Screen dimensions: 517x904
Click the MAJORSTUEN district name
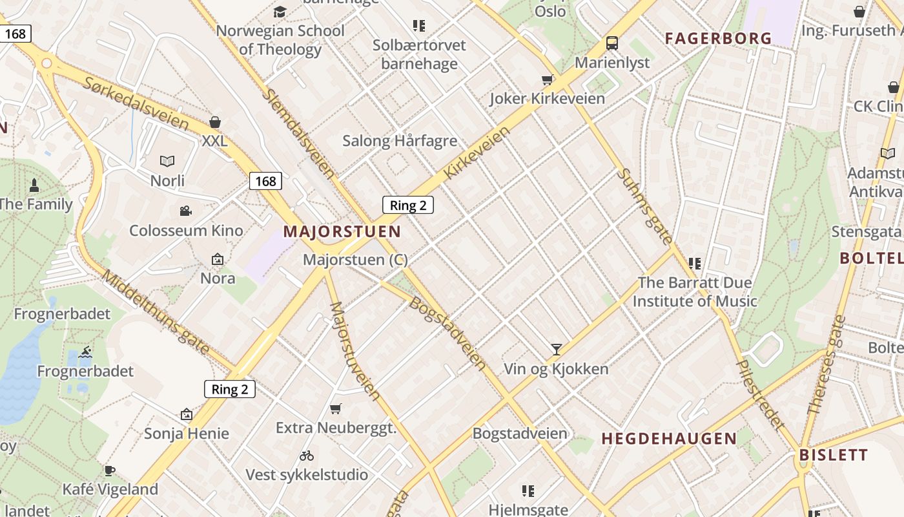(342, 231)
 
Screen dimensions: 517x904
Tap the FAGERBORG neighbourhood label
(719, 38)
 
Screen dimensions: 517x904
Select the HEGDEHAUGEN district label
(669, 438)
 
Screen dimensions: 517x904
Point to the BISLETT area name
(834, 454)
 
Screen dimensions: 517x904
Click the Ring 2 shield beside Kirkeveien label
(407, 206)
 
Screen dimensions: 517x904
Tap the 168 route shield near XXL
(265, 181)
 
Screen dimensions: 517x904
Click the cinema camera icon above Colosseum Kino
(186, 211)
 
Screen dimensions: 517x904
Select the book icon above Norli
(167, 161)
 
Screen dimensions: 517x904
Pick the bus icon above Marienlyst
(611, 43)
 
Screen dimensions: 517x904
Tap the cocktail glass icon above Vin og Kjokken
(556, 350)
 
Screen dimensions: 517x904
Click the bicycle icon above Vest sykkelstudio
(307, 456)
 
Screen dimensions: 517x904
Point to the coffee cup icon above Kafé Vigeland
(110, 470)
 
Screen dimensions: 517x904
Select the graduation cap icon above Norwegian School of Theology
(280, 12)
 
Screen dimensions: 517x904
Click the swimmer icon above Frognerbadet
(85, 352)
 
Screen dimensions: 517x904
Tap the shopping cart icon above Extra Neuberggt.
(335, 408)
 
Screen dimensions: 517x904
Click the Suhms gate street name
(644, 206)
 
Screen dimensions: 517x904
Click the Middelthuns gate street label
(156, 312)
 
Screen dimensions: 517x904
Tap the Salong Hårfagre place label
(400, 141)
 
